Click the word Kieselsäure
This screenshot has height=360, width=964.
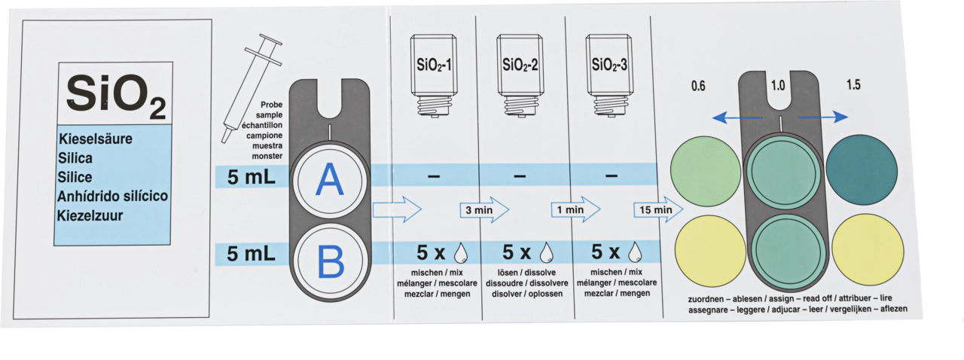click(x=96, y=139)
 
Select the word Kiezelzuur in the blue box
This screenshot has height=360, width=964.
click(x=90, y=215)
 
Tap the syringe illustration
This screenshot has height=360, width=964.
click(x=252, y=88)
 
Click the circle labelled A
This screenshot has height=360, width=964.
click(x=329, y=181)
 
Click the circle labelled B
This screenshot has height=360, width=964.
click(x=330, y=261)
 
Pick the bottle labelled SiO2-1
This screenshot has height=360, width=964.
click(x=434, y=76)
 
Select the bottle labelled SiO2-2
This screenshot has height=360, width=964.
click(x=520, y=76)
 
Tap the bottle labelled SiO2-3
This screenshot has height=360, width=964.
click(x=609, y=75)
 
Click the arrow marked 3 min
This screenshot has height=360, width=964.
click(x=484, y=210)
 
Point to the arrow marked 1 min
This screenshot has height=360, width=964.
click(x=576, y=209)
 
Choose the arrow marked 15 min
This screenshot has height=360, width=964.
click(x=658, y=209)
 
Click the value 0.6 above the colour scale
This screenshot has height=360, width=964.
click(x=698, y=86)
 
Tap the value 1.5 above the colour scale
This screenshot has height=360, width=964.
click(x=853, y=85)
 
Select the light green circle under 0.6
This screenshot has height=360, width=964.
click(x=706, y=172)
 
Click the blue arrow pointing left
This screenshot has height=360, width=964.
click(x=737, y=117)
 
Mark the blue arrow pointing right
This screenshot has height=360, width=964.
click(x=823, y=117)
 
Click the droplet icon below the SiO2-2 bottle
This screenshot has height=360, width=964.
click(x=547, y=252)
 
